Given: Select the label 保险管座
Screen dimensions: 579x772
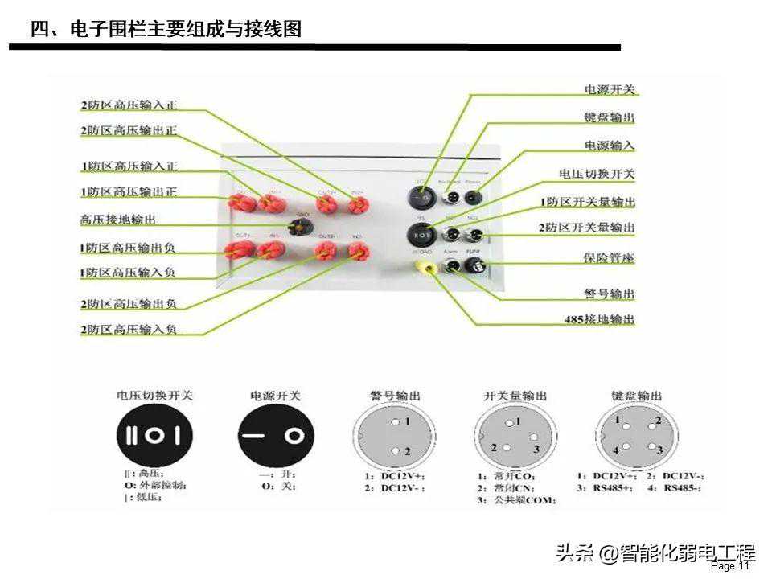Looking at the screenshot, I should (x=610, y=258).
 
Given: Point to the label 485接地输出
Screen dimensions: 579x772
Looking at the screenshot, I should (x=600, y=319).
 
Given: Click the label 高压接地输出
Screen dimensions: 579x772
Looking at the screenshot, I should (x=118, y=218).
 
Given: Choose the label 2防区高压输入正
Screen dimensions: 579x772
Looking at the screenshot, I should (x=129, y=105).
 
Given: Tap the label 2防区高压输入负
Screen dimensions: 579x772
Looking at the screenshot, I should (x=129, y=330).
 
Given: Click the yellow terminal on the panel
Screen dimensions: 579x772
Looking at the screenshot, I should (x=421, y=266).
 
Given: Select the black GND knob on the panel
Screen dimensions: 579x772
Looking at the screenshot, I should (x=302, y=226).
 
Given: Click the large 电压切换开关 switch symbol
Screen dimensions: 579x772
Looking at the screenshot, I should (x=154, y=437).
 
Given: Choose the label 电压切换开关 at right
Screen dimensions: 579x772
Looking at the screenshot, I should (x=597, y=174).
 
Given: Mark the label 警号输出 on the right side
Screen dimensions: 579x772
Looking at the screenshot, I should (x=610, y=294).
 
